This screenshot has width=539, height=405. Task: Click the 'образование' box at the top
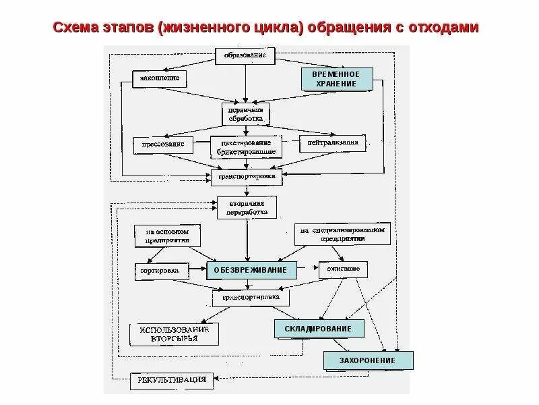tap(245, 55)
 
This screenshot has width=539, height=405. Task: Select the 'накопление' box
tap(158, 78)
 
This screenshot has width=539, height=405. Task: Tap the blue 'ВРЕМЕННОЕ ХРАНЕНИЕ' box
tap(337, 79)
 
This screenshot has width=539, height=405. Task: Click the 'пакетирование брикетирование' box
tap(245, 146)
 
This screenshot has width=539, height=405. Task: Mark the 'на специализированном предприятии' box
tap(344, 234)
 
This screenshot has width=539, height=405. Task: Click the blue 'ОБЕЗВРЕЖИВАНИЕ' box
tap(251, 270)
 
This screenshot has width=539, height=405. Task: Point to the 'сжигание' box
tap(344, 269)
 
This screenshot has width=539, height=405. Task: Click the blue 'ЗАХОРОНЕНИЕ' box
tap(368, 361)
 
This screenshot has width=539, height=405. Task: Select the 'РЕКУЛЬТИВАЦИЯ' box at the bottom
tap(172, 379)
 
